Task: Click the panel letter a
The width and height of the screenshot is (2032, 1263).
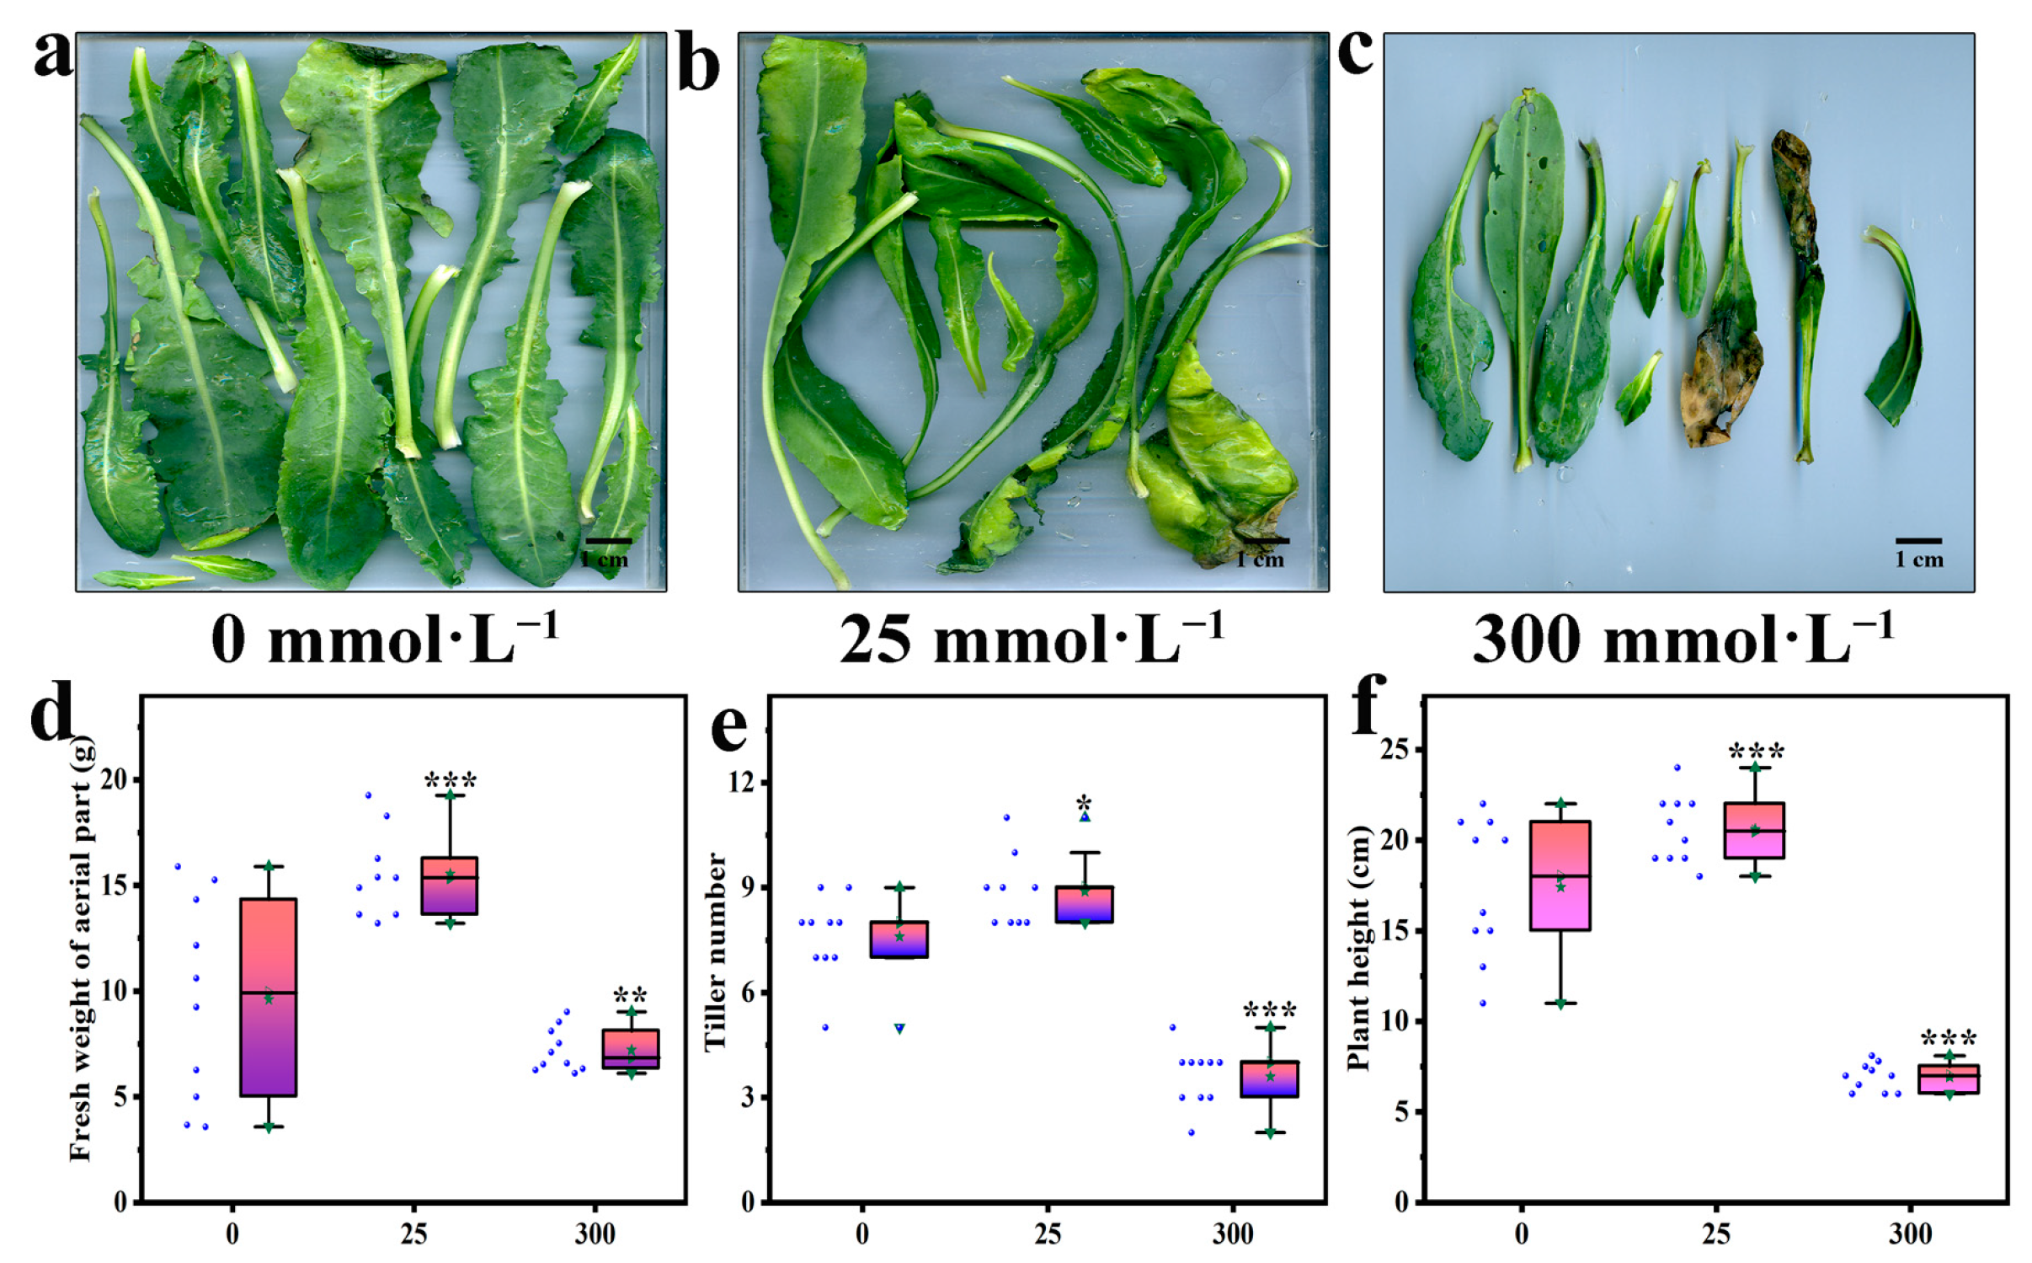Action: (x=52, y=57)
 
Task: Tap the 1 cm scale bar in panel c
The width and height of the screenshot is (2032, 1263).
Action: (x=1918, y=541)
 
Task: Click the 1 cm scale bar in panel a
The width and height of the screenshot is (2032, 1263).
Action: (x=608, y=540)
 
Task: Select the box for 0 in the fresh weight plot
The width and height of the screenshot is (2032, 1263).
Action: (x=268, y=997)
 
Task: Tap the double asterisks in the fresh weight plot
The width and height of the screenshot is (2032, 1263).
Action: (x=630, y=996)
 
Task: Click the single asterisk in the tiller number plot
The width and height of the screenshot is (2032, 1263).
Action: (x=1084, y=804)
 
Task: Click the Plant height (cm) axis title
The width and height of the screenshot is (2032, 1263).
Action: (x=1358, y=947)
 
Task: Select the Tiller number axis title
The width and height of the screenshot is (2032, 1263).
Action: (x=716, y=950)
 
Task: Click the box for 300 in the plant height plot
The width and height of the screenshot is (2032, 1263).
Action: (x=1949, y=1078)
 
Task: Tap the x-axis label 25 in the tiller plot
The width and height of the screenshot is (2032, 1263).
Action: (x=1048, y=1234)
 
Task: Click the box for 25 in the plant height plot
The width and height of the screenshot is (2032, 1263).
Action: (x=1755, y=830)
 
